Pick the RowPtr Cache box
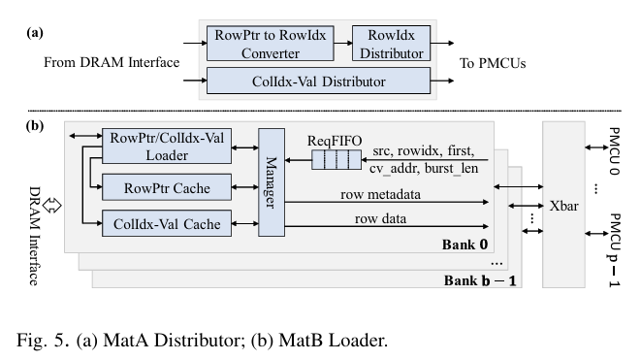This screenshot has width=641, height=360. click(x=168, y=186)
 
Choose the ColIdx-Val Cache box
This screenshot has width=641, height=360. click(x=168, y=224)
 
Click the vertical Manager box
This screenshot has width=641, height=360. click(x=270, y=180)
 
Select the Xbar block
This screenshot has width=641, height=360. click(x=563, y=208)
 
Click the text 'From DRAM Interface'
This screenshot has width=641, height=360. click(x=112, y=63)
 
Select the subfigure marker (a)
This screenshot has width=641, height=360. click(x=34, y=32)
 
